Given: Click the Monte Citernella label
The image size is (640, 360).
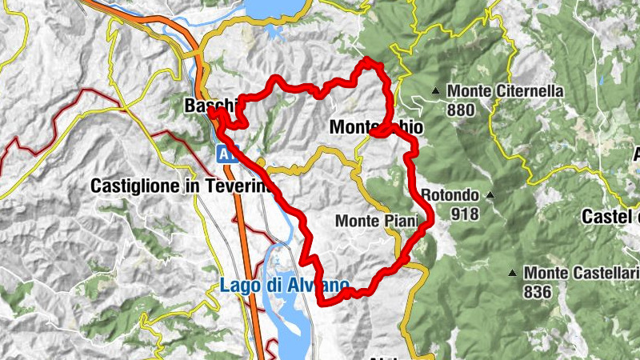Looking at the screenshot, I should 506,91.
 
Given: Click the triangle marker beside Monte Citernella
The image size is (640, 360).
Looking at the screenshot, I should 437,90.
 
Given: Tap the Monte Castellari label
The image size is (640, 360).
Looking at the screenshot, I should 581,274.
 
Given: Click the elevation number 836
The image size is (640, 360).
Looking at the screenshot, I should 538,292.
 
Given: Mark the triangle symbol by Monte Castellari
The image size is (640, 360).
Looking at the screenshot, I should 513,274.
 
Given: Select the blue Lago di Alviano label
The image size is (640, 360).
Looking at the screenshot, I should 285,285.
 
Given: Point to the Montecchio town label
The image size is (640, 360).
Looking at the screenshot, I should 376,127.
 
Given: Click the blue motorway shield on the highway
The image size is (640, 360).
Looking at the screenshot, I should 226,155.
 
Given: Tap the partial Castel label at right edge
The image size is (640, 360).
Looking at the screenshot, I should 611,216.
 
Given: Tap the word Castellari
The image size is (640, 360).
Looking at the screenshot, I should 602,274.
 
